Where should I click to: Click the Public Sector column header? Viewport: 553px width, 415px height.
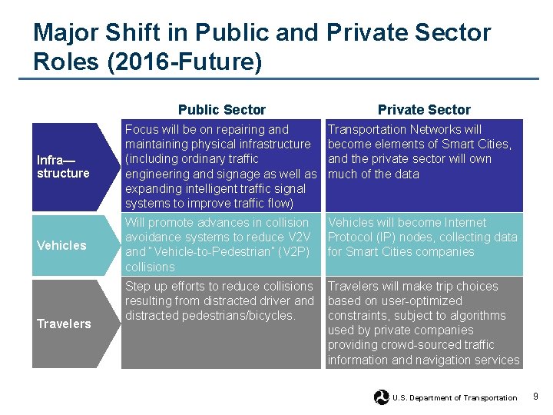[221, 110]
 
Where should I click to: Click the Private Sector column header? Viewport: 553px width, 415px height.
[424, 110]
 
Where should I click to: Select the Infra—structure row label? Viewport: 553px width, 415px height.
[63, 167]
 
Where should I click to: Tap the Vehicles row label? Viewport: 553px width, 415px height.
[61, 245]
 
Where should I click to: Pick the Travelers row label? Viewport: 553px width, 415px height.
[64, 324]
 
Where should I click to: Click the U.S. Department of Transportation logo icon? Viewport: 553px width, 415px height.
[381, 397]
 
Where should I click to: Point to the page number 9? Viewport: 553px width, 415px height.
[535, 397]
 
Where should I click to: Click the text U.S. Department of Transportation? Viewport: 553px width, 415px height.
[455, 398]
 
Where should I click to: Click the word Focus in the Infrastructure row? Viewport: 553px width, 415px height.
[141, 130]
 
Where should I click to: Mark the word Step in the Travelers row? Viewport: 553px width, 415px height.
[137, 287]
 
